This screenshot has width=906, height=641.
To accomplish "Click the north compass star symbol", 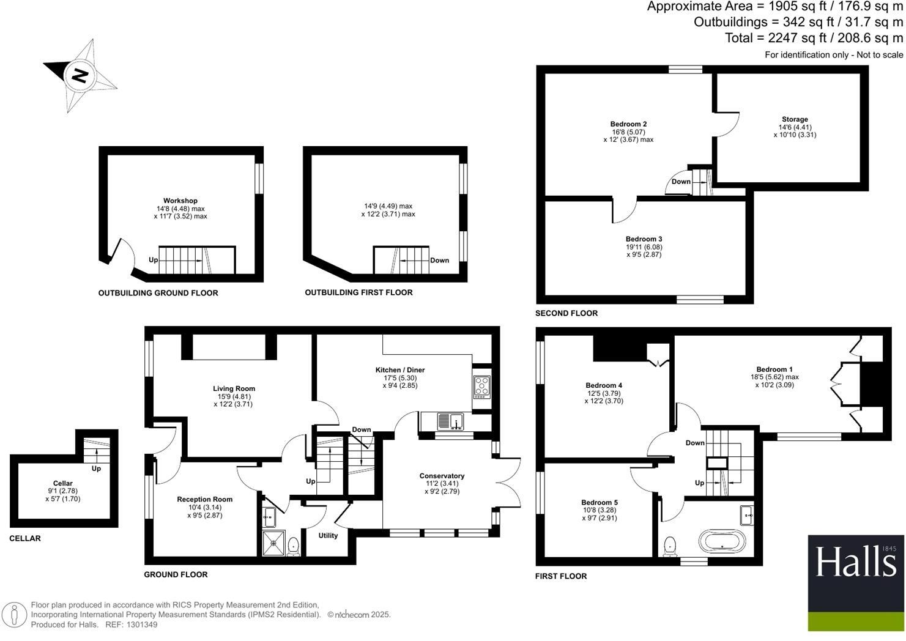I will coord(80,76).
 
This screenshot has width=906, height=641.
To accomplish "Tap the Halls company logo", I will coord(856,583).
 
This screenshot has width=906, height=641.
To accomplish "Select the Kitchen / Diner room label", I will coord(400,370).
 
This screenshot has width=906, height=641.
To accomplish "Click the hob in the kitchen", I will coord(481,387).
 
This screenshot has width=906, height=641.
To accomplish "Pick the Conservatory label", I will coord(442,476).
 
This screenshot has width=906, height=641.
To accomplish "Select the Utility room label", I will coord(328,536).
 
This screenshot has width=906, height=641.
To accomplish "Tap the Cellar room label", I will coord(63,483).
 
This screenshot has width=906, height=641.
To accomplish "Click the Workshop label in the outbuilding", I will coord(180,201).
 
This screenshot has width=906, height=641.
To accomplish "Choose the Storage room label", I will coord(795,119).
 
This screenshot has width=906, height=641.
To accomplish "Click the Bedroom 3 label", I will coord(644,239).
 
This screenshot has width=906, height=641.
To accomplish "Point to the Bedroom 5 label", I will coord(599,502).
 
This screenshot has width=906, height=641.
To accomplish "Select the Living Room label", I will coord(234,388).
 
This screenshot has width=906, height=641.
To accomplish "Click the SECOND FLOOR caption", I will coord(566,313).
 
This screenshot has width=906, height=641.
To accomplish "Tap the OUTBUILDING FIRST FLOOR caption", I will coord(358,292).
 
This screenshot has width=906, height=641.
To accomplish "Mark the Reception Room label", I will coord(204,499).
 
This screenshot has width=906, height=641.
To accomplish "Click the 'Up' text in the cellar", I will coord(96,469).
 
